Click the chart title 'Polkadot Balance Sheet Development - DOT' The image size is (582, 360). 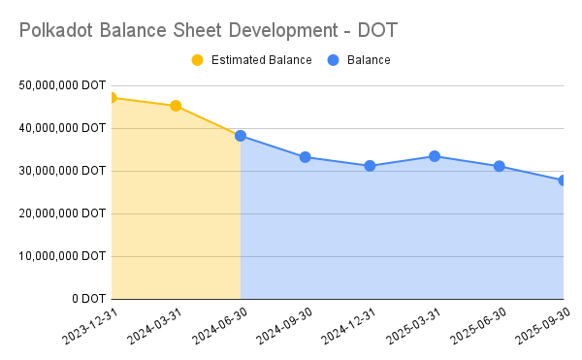point(208,31)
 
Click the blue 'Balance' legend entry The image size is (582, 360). point(368,60)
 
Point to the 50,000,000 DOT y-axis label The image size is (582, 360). point(61,85)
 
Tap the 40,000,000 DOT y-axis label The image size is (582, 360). point(61,128)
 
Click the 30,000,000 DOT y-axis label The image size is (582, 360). point(61,171)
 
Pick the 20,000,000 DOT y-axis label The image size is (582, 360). point(61,213)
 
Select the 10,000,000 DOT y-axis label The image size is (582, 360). point(61,256)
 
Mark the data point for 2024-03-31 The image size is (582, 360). point(176,106)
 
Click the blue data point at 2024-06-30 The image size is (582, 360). point(241,136)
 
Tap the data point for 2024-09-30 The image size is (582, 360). point(306,157)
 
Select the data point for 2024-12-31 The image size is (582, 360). point(370,166)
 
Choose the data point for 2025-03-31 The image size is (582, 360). point(435,156)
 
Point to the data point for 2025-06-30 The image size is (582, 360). point(500,166)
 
